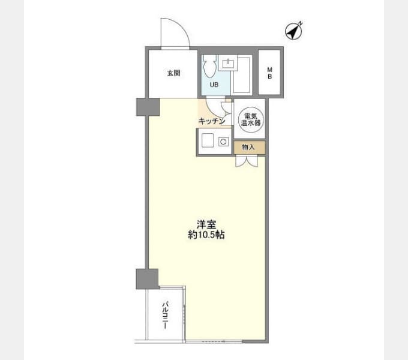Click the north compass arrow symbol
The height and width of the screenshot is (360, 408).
[x=294, y=31]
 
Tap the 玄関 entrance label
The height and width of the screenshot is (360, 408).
[x=173, y=73]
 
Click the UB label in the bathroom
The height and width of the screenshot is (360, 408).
[x=214, y=85]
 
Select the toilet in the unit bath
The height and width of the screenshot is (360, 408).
[x=210, y=66]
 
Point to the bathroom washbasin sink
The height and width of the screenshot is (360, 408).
[x=228, y=63]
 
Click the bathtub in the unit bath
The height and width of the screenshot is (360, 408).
[x=241, y=75]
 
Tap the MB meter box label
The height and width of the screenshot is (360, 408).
[x=270, y=73]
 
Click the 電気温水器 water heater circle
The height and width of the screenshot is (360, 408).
[x=250, y=119]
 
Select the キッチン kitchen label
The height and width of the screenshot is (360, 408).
[x=212, y=121]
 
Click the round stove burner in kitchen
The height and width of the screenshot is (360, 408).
[x=223, y=142]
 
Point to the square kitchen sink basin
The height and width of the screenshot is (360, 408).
[x=208, y=140]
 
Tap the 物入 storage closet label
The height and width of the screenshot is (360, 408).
[x=248, y=147]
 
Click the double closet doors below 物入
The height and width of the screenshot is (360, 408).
[x=247, y=161]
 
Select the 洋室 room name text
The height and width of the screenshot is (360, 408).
[x=206, y=224]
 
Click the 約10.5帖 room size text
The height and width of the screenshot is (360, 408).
[x=206, y=235]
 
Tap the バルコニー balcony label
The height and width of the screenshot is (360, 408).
[x=166, y=315]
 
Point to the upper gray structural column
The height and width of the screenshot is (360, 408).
[x=148, y=107]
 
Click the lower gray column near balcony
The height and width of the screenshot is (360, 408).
[x=147, y=279]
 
